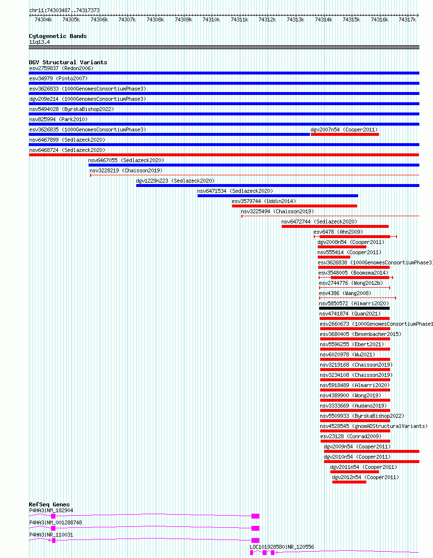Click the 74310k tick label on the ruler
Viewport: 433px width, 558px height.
pyautogui.click(x=211, y=20)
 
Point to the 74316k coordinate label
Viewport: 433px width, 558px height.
pyautogui.click(x=379, y=20)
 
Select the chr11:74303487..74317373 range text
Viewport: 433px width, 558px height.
pyautogui.click(x=64, y=10)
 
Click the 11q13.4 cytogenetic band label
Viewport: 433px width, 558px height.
pyautogui.click(x=39, y=42)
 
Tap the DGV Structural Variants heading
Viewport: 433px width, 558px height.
pyautogui.click(x=68, y=62)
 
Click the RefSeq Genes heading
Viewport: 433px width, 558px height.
pyautogui.click(x=49, y=504)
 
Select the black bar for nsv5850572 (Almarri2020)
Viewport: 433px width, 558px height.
pyautogui.click(x=355, y=308)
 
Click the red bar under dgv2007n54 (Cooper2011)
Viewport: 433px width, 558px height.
pyautogui.click(x=345, y=134)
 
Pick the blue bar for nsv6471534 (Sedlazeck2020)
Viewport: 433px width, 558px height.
pyautogui.click(x=278, y=196)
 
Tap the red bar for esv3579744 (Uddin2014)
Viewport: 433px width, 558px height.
pyautogui.click(x=294, y=206)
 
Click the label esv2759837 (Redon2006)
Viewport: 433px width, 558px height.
pyautogui.click(x=61, y=68)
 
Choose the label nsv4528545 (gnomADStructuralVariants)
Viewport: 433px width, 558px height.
pyautogui.click(x=374, y=426)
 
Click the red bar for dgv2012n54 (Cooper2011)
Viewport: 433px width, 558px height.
pyautogui.click(x=349, y=482)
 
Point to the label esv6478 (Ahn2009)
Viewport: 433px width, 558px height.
pyautogui.click(x=338, y=232)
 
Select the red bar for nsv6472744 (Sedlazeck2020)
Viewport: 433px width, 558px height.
pyautogui.click(x=335, y=226)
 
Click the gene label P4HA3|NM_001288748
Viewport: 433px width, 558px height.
pyautogui.click(x=55, y=522)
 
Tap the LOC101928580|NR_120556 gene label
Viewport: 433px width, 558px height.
pyautogui.click(x=282, y=547)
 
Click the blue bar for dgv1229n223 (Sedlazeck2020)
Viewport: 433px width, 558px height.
pyautogui.click(x=278, y=186)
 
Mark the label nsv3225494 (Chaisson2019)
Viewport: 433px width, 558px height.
pyautogui.click(x=277, y=211)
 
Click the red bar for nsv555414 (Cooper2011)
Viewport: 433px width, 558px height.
pyautogui.click(x=334, y=257)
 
